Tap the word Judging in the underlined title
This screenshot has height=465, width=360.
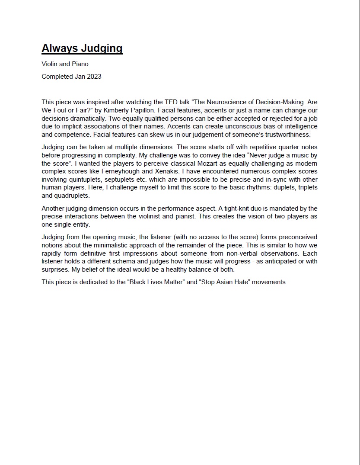[104, 48]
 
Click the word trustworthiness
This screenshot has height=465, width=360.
[285, 135]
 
